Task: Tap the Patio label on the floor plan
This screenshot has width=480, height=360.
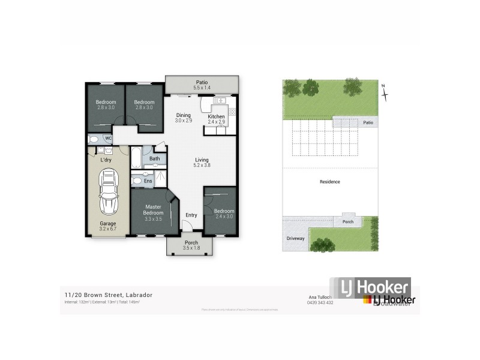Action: [x=201, y=85]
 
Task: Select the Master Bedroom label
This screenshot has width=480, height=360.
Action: [x=154, y=212]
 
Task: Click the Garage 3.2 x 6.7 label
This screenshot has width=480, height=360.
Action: [x=108, y=226]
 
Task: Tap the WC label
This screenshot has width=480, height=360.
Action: [x=109, y=139]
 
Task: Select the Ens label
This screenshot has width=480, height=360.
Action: [x=148, y=180]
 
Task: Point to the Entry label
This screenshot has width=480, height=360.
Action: [x=191, y=215]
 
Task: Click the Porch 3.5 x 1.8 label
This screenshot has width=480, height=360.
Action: [x=190, y=245]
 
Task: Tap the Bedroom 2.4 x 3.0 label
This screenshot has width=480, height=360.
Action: [x=224, y=214]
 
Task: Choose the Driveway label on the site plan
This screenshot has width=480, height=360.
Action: [x=296, y=238]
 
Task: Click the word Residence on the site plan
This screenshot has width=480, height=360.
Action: [x=330, y=181]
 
